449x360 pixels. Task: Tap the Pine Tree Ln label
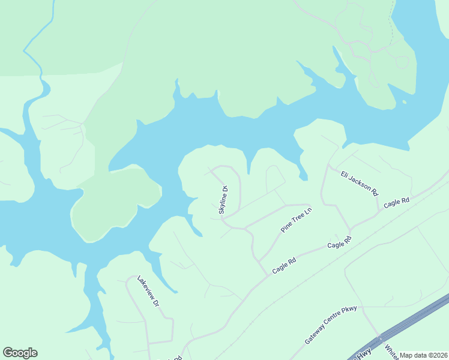[x=297, y=220]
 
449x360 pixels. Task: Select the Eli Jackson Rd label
[x=360, y=184]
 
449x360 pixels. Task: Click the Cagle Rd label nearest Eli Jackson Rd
[x=396, y=203]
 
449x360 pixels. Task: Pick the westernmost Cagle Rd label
[x=285, y=266]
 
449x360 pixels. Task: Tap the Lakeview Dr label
[x=147, y=291]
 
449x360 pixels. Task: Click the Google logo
[x=20, y=353]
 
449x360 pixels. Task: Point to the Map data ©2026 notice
[x=424, y=355]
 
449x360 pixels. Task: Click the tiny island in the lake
[x=404, y=102]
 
